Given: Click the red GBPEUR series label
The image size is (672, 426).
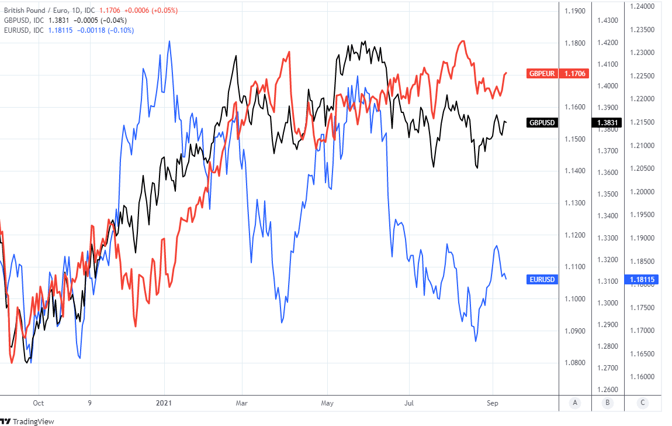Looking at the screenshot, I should [542, 74].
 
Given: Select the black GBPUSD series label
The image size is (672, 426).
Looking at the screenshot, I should [542, 123].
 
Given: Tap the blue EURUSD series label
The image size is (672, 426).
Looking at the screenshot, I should [542, 280].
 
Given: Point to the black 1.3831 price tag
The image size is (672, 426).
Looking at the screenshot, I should [608, 123].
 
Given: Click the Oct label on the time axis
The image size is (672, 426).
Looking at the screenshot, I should [39, 403].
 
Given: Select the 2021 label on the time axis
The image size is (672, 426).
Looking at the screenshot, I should [165, 403].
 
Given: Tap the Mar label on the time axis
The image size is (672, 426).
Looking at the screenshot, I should [242, 403].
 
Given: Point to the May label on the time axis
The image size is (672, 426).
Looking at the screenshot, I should [327, 403].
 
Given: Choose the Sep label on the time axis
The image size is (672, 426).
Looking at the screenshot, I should [493, 403].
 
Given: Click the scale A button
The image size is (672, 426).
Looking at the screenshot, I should [576, 403].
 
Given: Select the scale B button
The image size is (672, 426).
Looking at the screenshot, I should [608, 403].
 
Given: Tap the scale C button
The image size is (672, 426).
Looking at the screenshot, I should [642, 403].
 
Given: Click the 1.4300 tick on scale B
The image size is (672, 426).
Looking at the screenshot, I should [607, 20].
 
